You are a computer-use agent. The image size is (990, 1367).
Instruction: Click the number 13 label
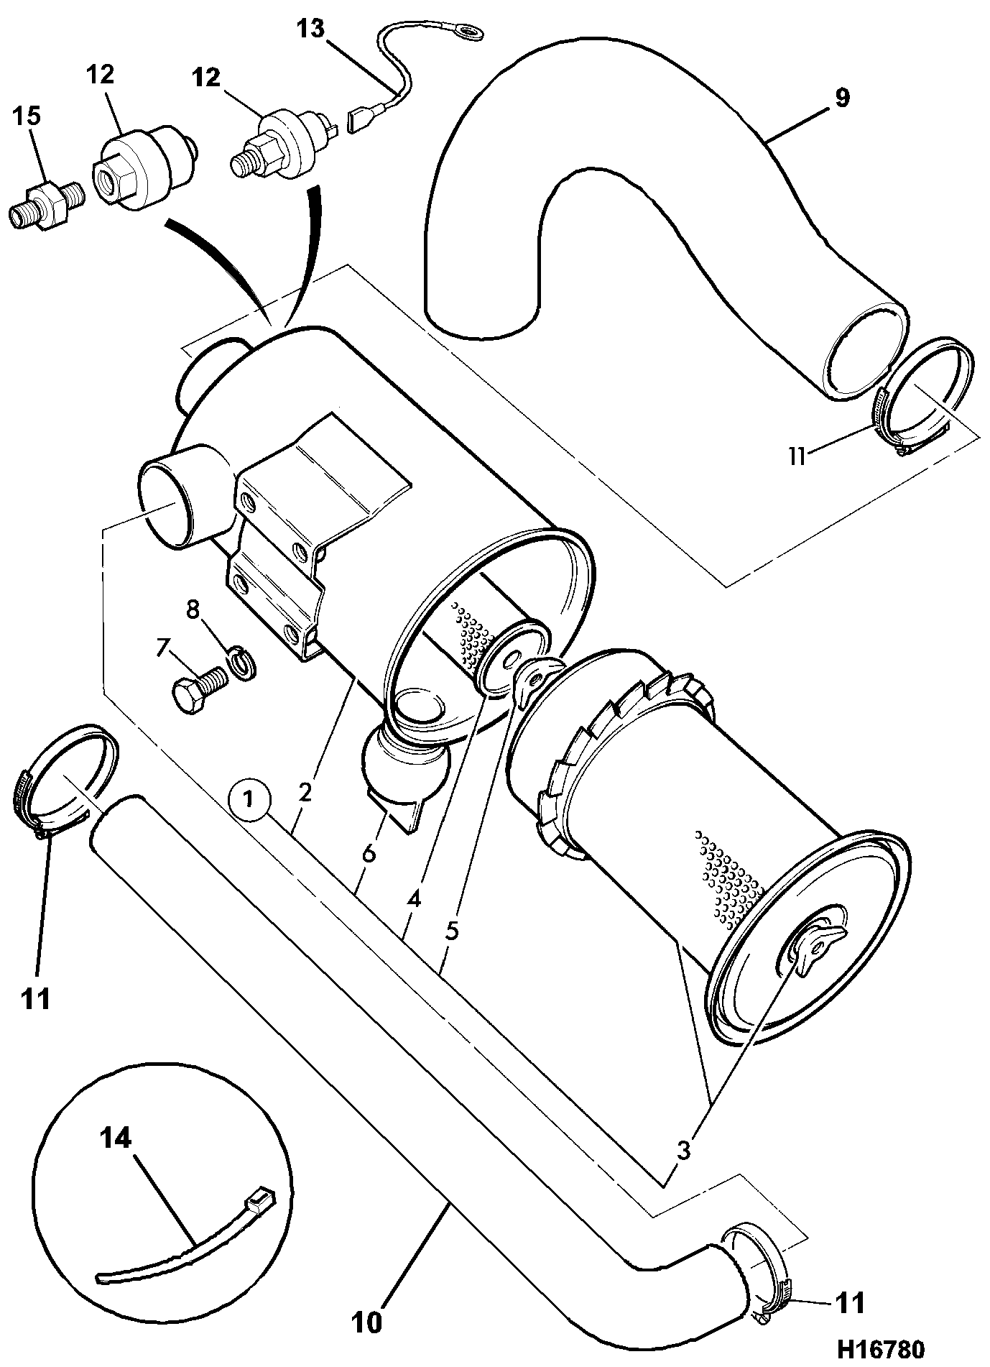(x=311, y=29)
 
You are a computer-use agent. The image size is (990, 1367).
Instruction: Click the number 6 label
(x=369, y=853)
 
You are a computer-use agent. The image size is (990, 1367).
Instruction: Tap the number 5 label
(x=452, y=930)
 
